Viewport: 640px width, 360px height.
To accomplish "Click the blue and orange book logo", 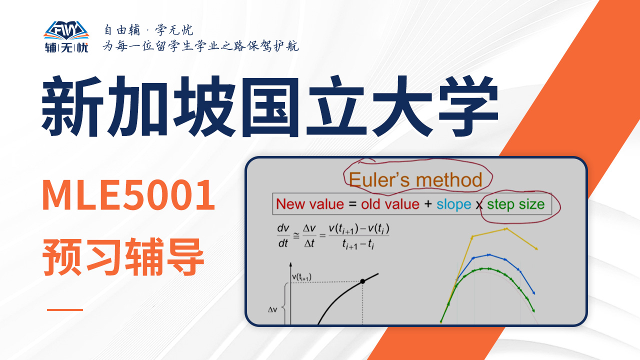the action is [66, 30].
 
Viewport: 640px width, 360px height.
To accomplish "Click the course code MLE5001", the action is [128, 194].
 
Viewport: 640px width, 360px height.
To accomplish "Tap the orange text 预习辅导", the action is [123, 256].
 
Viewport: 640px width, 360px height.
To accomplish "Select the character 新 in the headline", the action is [72, 106].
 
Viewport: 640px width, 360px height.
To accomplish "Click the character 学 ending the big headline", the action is [468, 106].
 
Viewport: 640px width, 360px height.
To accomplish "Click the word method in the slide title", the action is [449, 179].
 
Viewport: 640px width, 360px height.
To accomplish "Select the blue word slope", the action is [453, 204].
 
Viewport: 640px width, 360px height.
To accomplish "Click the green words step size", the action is [515, 204].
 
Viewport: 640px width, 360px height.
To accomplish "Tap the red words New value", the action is [310, 204].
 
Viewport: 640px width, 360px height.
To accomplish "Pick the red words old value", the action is [390, 204].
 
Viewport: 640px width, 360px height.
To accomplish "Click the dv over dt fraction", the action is [283, 235].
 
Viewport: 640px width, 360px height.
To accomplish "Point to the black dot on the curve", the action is [362, 281].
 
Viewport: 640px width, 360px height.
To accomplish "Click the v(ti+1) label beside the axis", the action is [301, 277].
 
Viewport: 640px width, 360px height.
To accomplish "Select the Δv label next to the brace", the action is [272, 309].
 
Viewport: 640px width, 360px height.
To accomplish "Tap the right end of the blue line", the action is [534, 293].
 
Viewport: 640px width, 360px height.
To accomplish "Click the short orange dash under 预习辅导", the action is [65, 309].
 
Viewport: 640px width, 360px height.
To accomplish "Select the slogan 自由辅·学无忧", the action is [148, 30].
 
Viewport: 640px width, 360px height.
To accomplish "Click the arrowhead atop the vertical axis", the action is [290, 264].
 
